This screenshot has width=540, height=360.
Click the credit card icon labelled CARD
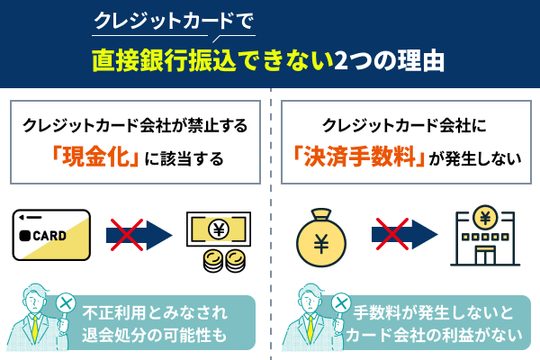52,236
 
